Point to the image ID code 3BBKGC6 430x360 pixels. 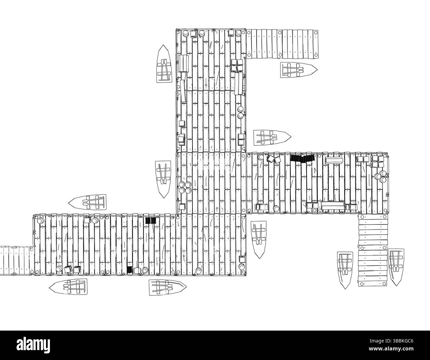pyautogui.click(x=391, y=341)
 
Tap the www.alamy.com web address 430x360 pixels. pyautogui.click(x=391, y=349)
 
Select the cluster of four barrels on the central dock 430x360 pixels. pyautogui.click(x=185, y=187)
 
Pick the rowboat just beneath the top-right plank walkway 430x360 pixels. pyautogui.click(x=299, y=70)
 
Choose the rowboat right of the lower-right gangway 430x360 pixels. pyautogui.click(x=396, y=267)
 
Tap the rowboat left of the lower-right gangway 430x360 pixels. pyautogui.click(x=345, y=270)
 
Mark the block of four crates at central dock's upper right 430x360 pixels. pyautogui.click(x=236, y=66)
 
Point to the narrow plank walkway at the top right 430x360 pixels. pyautogui.click(x=282, y=44)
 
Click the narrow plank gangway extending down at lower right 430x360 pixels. pyautogui.click(x=373, y=250)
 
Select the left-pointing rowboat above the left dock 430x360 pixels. pyautogui.click(x=87, y=202)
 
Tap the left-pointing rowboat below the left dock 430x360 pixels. pyautogui.click(x=68, y=286)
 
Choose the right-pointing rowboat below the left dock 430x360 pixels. pyautogui.click(x=168, y=287)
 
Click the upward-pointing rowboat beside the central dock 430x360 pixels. pyautogui.click(x=164, y=64)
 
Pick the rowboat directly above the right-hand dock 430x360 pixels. pyautogui.click(x=272, y=138)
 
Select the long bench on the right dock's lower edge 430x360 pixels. pyautogui.click(x=333, y=205)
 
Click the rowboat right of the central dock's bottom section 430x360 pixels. pyautogui.click(x=259, y=240)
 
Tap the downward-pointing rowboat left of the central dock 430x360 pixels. pyautogui.click(x=163, y=179)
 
